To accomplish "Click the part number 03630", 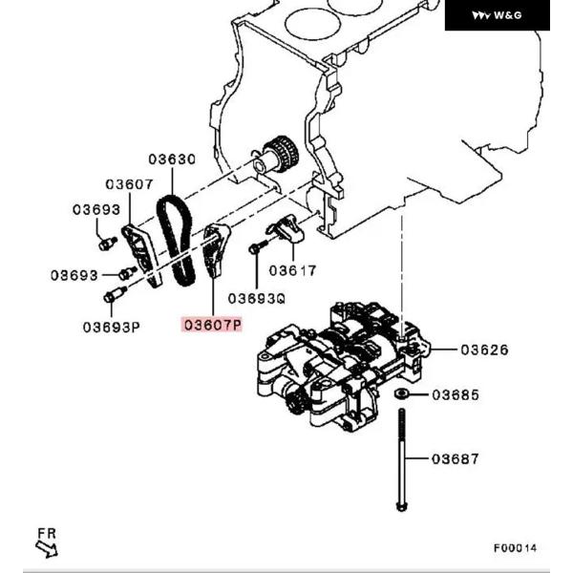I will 171,160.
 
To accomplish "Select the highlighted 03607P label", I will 213,326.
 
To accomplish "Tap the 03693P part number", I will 111,327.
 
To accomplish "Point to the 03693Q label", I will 257,298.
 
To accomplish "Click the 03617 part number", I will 291,270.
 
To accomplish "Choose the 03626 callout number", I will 484,350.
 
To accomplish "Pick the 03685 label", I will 456,394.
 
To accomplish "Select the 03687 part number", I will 456,459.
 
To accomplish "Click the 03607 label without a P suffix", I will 129,184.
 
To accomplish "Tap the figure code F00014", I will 516,548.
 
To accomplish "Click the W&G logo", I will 498,15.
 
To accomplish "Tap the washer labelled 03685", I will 403,393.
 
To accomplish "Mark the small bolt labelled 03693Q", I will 255,248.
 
